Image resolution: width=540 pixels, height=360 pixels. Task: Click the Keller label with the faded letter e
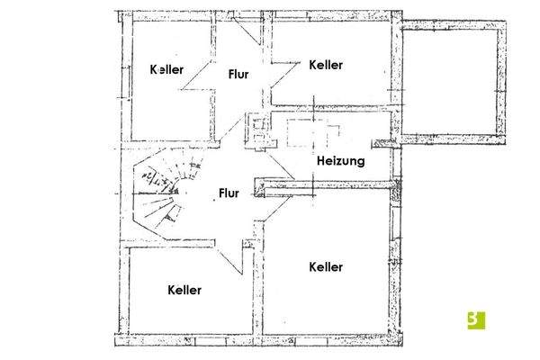167,69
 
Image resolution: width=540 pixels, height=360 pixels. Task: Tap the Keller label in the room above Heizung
326,65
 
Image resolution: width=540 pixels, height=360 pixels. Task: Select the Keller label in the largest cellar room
326,267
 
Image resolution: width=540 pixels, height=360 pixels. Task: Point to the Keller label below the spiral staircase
184,290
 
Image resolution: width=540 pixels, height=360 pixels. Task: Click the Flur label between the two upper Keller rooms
238,74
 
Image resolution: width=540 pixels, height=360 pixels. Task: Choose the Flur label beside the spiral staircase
228,193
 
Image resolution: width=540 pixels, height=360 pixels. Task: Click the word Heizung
340,162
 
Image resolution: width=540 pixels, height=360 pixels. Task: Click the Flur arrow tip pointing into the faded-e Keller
183,88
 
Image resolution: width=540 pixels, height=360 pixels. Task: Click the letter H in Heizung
320,162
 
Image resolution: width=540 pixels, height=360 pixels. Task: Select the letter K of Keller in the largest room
311,267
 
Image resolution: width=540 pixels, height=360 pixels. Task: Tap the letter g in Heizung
360,164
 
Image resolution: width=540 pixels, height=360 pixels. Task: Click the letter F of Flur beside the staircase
220,193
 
